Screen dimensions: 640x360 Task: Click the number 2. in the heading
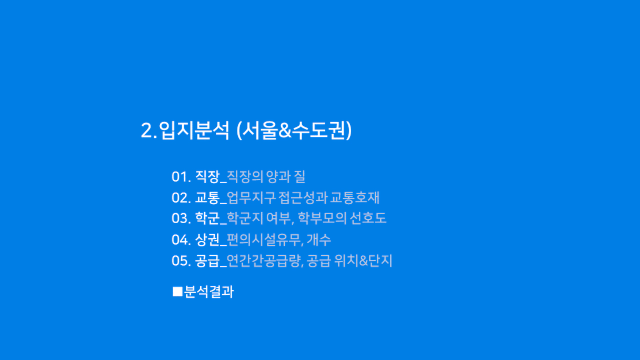[149, 131]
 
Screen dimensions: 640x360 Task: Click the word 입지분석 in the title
[194, 131]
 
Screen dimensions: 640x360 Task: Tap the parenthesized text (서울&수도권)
[294, 131]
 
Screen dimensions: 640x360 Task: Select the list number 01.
[181, 176]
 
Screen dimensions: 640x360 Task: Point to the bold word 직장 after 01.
[207, 176]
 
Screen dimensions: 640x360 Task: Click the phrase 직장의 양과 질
[266, 176]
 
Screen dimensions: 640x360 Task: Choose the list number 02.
[181, 198]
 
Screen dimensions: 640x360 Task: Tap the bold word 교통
[207, 197]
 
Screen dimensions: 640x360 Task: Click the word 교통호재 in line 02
[355, 197]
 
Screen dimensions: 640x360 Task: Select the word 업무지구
[252, 197]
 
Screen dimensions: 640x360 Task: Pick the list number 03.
[181, 218]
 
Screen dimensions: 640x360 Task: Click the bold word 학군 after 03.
[207, 218]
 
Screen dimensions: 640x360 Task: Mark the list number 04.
[181, 239]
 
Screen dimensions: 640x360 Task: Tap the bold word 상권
[207, 239]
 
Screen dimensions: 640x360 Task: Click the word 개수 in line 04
[319, 239]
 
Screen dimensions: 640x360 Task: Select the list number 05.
[181, 261]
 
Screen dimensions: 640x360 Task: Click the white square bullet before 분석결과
[178, 292]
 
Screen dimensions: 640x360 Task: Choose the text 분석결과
[209, 292]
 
